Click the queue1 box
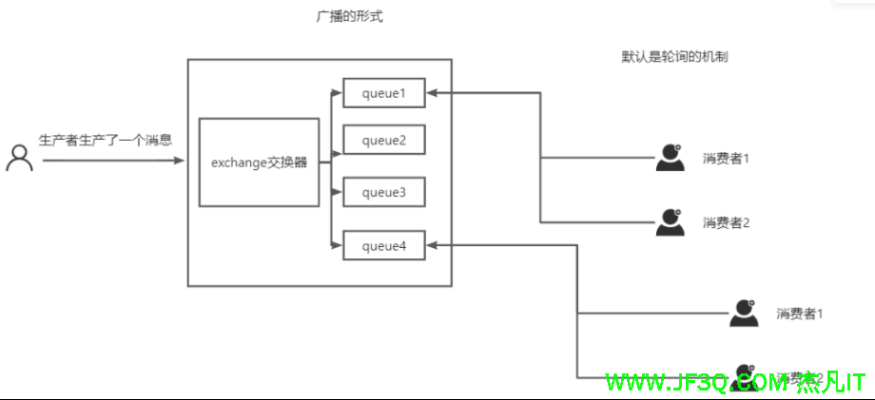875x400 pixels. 383,93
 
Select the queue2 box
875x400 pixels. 383,141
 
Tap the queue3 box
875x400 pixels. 383,193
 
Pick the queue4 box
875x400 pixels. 383,246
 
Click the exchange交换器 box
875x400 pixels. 259,162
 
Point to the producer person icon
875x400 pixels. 19,158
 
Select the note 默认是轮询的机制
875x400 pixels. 674,57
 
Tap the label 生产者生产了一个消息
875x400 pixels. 105,141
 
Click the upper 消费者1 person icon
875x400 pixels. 671,158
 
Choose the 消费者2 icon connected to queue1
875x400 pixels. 671,222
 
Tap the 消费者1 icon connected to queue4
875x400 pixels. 744,313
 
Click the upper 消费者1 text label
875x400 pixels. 727,158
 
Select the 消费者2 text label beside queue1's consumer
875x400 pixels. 727,223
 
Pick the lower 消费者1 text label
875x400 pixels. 799,314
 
